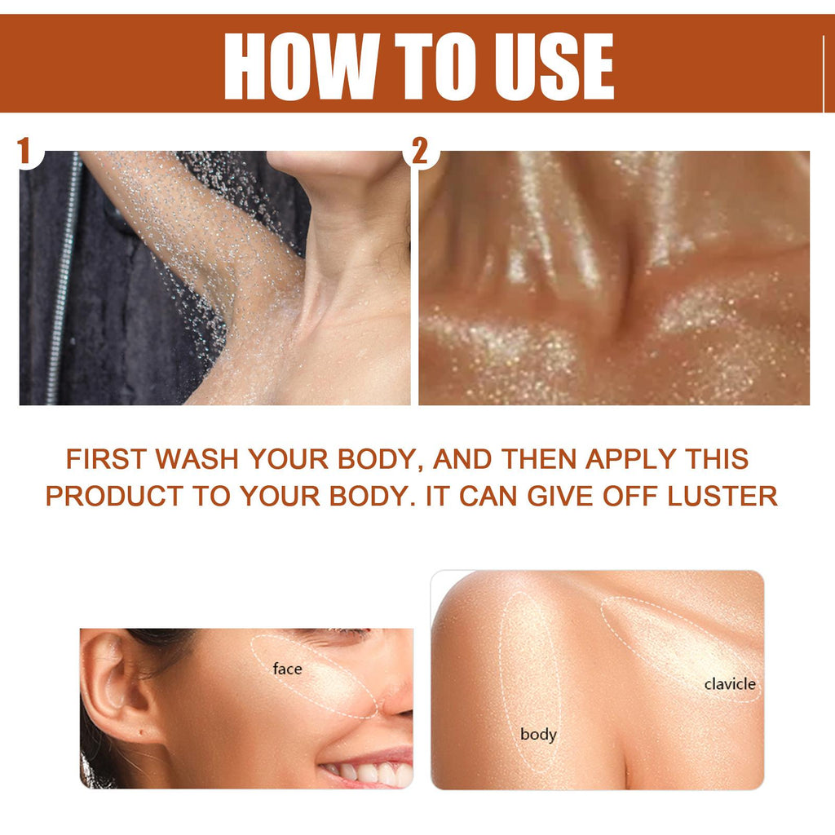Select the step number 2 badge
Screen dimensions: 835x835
tap(420, 151)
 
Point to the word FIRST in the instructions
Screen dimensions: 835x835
tap(106, 459)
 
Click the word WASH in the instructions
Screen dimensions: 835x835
tap(197, 459)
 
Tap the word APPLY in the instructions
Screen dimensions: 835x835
tap(630, 459)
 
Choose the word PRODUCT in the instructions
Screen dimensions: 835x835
tap(114, 496)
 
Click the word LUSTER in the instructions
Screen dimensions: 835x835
tap(722, 496)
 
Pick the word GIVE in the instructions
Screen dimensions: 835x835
tap(559, 496)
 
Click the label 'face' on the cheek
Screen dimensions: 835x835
tap(287, 669)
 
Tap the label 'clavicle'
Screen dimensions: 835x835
tap(730, 684)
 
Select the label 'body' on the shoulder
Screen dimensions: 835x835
tap(538, 735)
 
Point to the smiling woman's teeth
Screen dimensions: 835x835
tap(368, 771)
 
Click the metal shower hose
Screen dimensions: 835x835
tap(64, 277)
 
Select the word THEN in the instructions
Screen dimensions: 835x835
tap(539, 459)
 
